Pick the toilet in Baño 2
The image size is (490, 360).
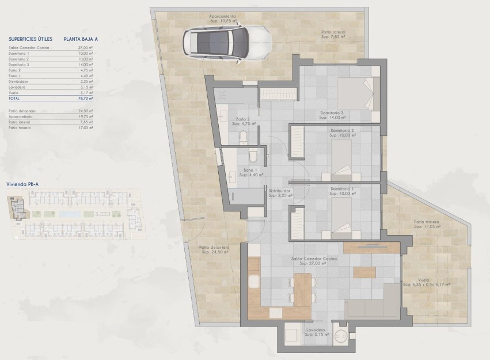(x=243, y=137)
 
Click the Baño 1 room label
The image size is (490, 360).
(x=249, y=172)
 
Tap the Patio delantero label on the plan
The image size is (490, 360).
(x=214, y=249)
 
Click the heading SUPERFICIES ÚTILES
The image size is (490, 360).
(x=31, y=39)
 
